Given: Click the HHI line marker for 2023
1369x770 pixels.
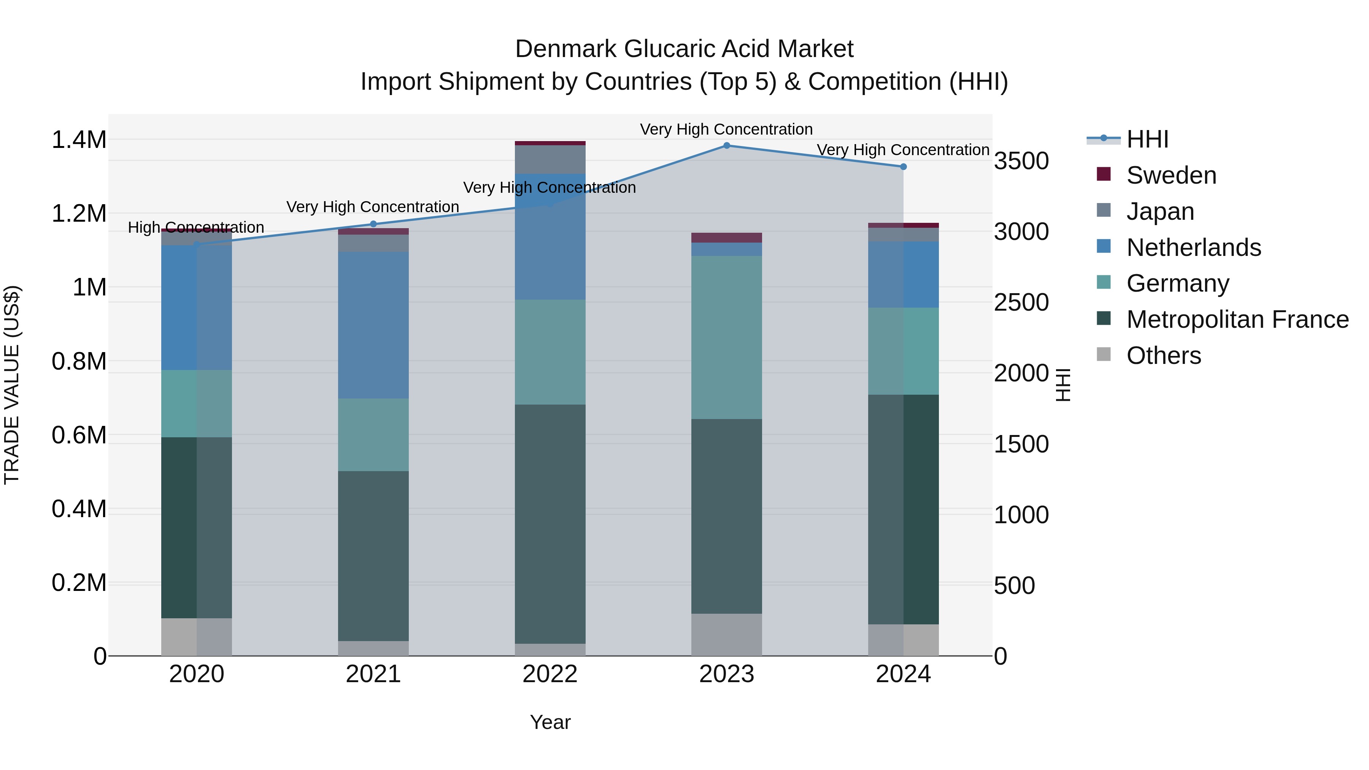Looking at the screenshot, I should point(726,146).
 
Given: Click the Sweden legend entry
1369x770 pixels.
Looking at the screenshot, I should point(1171,175).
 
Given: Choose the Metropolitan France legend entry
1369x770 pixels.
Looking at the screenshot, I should point(1237,319).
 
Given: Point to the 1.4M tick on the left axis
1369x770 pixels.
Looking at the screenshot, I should point(79,140).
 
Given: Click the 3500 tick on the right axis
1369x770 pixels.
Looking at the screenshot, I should point(1021,161).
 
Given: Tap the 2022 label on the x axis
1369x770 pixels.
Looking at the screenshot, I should point(550,674).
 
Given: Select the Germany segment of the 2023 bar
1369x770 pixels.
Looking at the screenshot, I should point(726,337).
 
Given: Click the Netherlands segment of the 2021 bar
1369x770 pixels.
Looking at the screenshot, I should point(373,325).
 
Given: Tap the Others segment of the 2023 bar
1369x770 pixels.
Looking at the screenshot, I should point(726,635).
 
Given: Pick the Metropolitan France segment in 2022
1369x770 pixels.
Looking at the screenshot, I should point(550,524).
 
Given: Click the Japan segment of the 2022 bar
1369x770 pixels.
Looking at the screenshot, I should point(550,159).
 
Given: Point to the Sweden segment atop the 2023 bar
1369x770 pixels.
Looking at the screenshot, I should point(726,238).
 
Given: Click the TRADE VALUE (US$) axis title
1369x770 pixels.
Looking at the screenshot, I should point(12,385).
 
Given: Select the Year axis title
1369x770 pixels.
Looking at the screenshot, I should point(550,722).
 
